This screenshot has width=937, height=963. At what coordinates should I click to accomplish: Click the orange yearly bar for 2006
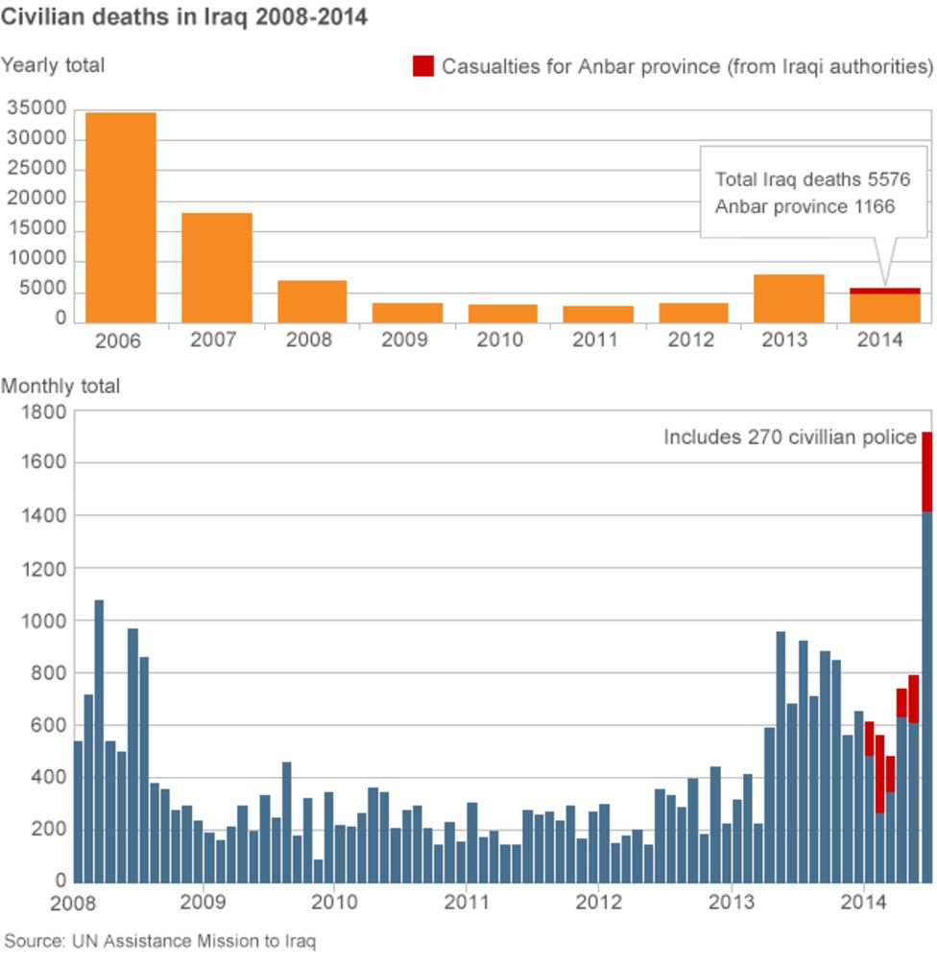tap(121, 218)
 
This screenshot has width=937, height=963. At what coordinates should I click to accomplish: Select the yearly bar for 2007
tap(216, 268)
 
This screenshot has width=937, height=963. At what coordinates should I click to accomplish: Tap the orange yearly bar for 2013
tap(789, 298)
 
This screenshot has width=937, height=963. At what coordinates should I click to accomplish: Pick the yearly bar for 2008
tap(312, 301)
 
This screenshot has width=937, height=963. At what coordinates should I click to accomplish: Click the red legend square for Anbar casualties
tap(423, 66)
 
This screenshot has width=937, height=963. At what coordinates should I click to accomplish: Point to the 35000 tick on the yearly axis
tap(36, 107)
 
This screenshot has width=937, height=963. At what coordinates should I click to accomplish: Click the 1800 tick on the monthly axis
tap(43, 411)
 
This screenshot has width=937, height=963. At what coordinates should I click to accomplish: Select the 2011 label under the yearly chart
tap(595, 339)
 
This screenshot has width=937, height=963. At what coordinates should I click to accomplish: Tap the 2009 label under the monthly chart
tap(203, 902)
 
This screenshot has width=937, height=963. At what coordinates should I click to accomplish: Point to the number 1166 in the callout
tap(874, 206)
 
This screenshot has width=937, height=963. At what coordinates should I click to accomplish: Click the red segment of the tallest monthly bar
tap(927, 472)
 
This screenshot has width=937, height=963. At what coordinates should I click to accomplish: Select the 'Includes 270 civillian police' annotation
tap(790, 436)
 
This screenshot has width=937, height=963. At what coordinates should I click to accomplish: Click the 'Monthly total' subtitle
tap(60, 386)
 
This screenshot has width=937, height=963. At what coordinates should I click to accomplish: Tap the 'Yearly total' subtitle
tap(53, 64)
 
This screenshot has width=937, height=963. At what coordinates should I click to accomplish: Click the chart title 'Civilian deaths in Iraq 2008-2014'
tap(183, 16)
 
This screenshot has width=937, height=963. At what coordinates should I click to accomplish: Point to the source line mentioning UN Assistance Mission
tap(160, 941)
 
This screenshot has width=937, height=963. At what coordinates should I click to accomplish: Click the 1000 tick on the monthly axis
tap(43, 621)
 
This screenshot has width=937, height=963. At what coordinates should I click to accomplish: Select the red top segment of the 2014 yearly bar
tap(885, 292)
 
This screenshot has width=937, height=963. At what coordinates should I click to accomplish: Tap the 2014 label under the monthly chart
tap(864, 902)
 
